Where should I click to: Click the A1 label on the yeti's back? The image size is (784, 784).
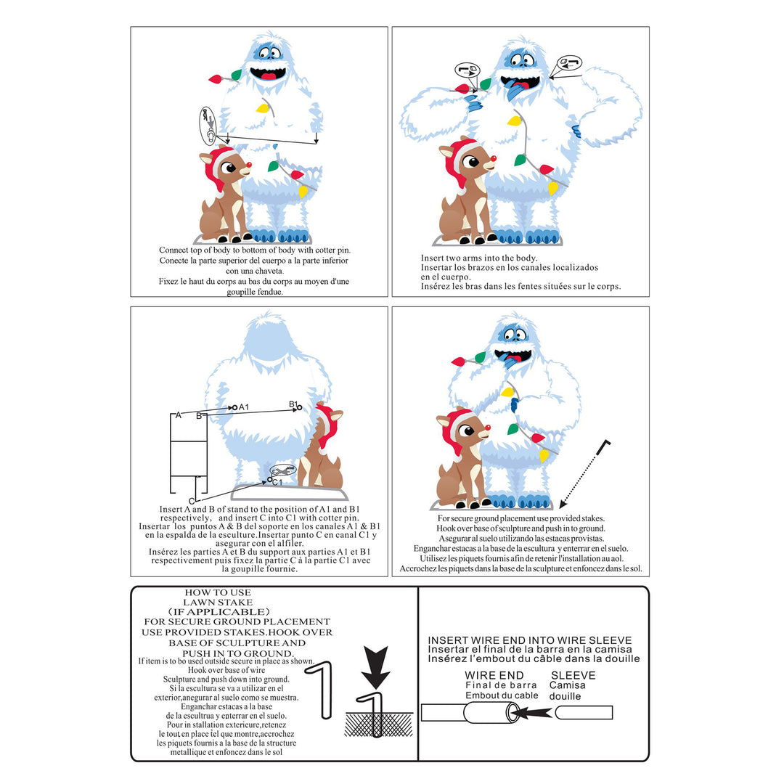(244, 407)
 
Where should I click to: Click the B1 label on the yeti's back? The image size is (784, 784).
(293, 404)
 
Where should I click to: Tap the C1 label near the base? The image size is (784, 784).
(277, 482)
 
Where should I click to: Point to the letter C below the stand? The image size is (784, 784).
(192, 501)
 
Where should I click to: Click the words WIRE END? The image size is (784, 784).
(494, 675)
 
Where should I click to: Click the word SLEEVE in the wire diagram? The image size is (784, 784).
(573, 675)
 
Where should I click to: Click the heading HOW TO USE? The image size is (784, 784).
(218, 592)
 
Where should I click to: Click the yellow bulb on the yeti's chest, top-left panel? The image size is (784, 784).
(261, 110)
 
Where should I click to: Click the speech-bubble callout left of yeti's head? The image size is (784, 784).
(467, 70)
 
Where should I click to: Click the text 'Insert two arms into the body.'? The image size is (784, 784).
(479, 258)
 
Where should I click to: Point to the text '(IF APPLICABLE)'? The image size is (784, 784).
(218, 612)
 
